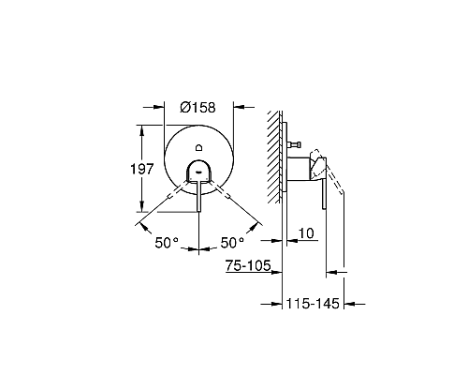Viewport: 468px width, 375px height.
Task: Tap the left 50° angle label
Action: coord(167,242)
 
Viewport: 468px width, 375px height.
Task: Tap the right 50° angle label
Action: coord(232,242)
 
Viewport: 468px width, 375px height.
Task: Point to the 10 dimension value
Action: coord(307,232)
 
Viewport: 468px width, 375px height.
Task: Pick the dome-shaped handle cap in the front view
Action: coord(199,170)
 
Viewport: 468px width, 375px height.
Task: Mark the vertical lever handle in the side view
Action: coord(326,196)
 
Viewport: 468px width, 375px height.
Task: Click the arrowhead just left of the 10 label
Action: coord(289,240)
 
